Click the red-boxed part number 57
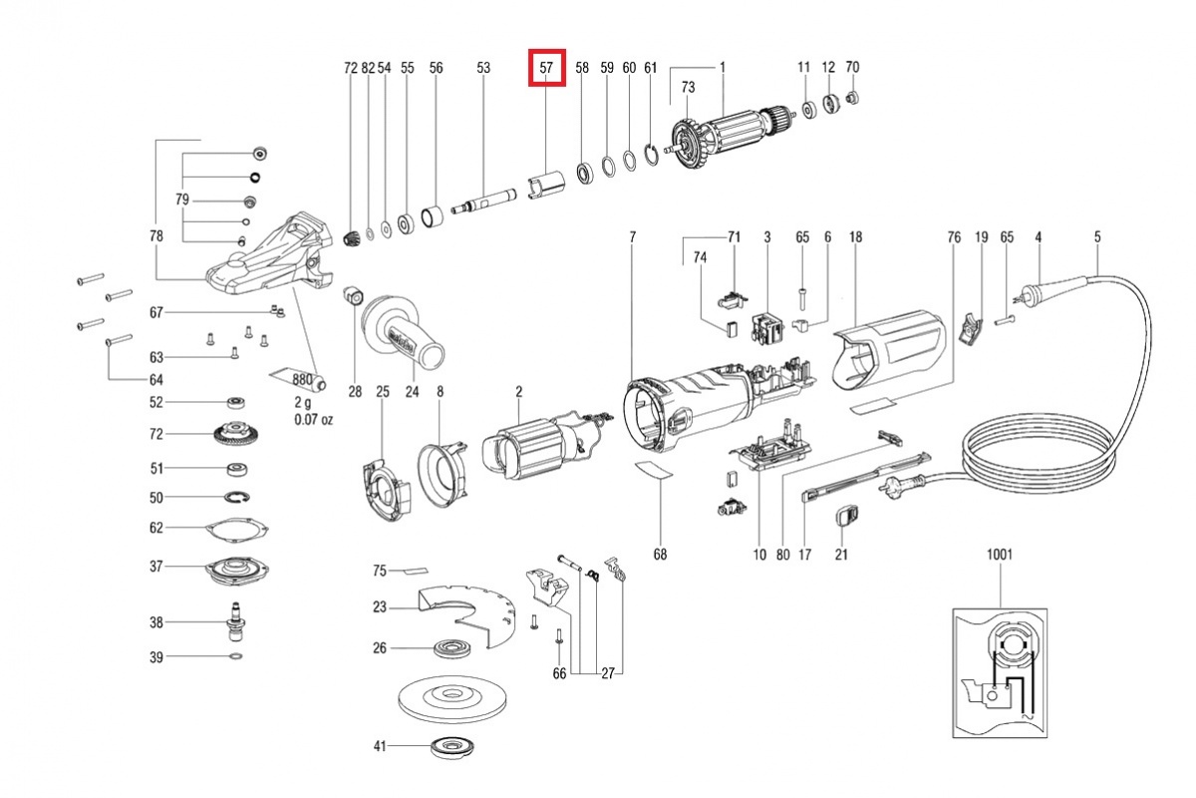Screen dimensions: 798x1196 click(546, 68)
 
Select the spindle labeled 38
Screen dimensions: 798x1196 click(237, 622)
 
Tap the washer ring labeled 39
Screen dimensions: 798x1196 click(236, 657)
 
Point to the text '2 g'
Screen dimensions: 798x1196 click(303, 401)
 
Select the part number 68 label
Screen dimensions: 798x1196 click(660, 554)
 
